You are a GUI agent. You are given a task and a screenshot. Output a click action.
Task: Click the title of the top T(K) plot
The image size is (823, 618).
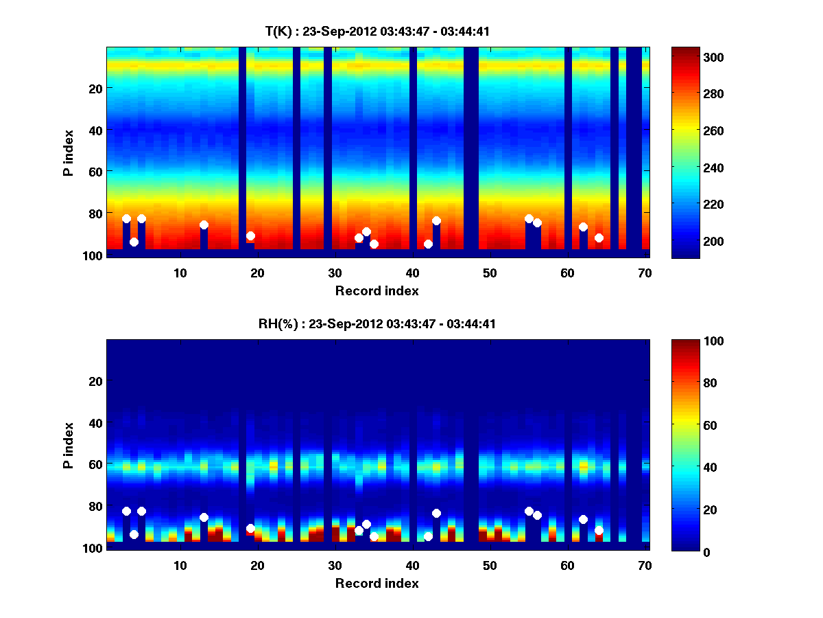pyautogui.click(x=377, y=31)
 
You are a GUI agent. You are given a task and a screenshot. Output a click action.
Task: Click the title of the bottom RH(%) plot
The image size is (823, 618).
pyautogui.click(x=377, y=324)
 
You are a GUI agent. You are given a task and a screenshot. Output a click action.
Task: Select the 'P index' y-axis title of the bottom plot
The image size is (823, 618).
pyautogui.click(x=69, y=445)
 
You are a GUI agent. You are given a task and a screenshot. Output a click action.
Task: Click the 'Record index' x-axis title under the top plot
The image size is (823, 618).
pyautogui.click(x=377, y=291)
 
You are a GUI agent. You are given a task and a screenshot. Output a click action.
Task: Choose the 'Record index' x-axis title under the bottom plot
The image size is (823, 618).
pyautogui.click(x=377, y=584)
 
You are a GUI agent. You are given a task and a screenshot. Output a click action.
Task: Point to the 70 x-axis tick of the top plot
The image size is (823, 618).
pyautogui.click(x=645, y=273)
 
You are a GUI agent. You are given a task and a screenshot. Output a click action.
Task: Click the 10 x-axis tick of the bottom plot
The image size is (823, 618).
pyautogui.click(x=180, y=565)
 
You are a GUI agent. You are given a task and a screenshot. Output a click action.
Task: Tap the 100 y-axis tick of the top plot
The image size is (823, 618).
pyautogui.click(x=94, y=255)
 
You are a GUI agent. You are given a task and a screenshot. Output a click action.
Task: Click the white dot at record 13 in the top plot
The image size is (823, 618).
pyautogui.click(x=204, y=225)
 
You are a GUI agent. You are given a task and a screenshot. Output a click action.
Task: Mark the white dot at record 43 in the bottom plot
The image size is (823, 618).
pyautogui.click(x=436, y=513)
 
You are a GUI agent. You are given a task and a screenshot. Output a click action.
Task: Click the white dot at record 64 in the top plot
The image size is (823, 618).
pyautogui.click(x=599, y=238)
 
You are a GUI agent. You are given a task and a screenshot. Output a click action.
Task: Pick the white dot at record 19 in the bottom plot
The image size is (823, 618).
pyautogui.click(x=250, y=528)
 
